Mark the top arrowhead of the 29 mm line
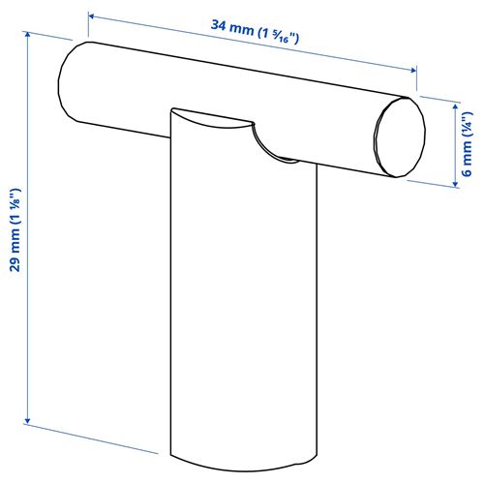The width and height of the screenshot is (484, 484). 26,34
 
